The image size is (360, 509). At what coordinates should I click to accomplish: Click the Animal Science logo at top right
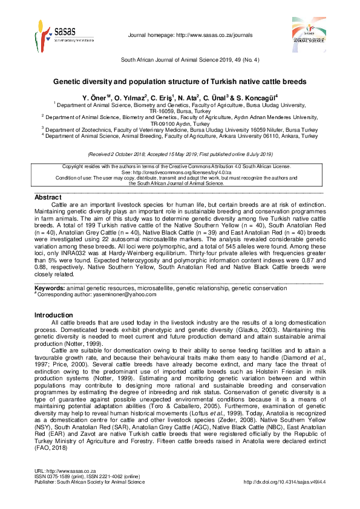[309, 31]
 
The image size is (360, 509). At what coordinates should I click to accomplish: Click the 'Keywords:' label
[50, 288]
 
